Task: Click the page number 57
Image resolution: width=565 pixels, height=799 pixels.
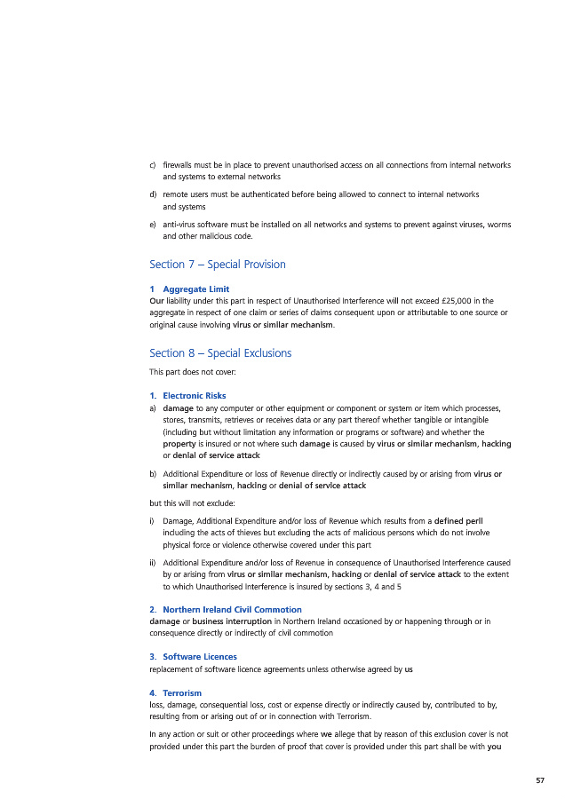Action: (539, 780)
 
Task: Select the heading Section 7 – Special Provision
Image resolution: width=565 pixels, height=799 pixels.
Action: (218, 265)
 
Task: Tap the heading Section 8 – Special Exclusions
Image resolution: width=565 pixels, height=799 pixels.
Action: (220, 353)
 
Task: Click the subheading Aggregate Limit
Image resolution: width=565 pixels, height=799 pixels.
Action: (195, 289)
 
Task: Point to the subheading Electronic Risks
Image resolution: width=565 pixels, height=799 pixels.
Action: (194, 395)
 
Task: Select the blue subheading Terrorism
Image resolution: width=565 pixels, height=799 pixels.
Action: (182, 692)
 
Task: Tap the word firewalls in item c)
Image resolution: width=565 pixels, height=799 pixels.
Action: (180, 165)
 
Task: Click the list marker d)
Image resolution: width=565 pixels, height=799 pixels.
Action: (154, 194)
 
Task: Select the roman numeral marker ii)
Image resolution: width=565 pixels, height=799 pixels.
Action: (154, 563)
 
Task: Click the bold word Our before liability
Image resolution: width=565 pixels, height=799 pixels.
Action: (157, 301)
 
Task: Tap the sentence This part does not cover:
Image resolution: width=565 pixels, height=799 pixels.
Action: (187, 373)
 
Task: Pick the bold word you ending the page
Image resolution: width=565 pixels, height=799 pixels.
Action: (494, 747)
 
